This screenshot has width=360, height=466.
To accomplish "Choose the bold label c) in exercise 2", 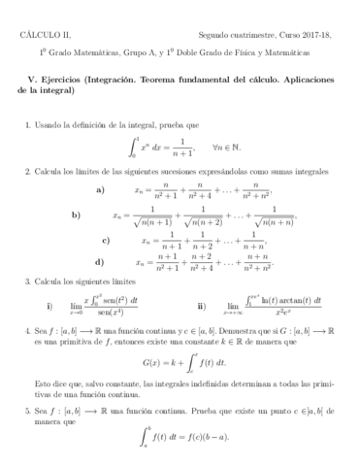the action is tap(106, 239).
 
